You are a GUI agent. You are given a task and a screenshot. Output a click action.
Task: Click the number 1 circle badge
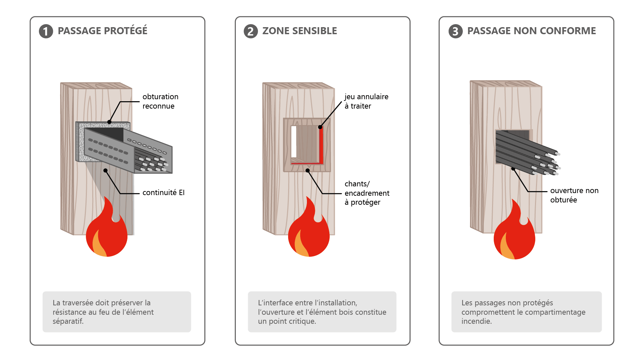click(46, 31)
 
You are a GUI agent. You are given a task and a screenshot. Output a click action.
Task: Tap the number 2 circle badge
click(251, 31)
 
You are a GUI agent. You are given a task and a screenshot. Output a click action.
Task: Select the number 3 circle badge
click(455, 31)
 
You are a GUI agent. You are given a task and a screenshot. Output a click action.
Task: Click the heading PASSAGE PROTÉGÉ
click(102, 31)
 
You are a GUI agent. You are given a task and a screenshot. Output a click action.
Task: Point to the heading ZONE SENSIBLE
click(300, 31)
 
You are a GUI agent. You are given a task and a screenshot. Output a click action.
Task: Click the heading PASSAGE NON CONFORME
click(531, 31)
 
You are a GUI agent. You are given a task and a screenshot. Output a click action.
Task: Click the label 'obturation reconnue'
click(160, 101)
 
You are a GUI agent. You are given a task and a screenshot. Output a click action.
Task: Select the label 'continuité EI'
click(163, 192)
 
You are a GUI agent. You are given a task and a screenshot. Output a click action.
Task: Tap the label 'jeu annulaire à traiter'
click(366, 101)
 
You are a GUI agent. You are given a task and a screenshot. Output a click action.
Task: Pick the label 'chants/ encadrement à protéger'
click(367, 193)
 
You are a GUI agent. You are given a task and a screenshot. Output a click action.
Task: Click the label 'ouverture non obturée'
click(574, 195)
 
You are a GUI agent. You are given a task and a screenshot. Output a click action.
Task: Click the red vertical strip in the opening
click(321, 145)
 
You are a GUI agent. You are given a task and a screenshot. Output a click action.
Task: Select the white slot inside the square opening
click(294, 141)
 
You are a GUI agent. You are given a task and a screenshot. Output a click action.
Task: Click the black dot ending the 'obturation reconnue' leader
click(109, 122)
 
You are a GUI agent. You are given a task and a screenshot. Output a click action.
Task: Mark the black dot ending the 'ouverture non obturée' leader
click(513, 169)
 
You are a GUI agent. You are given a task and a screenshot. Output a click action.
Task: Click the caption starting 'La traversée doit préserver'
click(103, 312)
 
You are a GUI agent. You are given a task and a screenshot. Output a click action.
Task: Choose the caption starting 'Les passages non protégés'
click(523, 312)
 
